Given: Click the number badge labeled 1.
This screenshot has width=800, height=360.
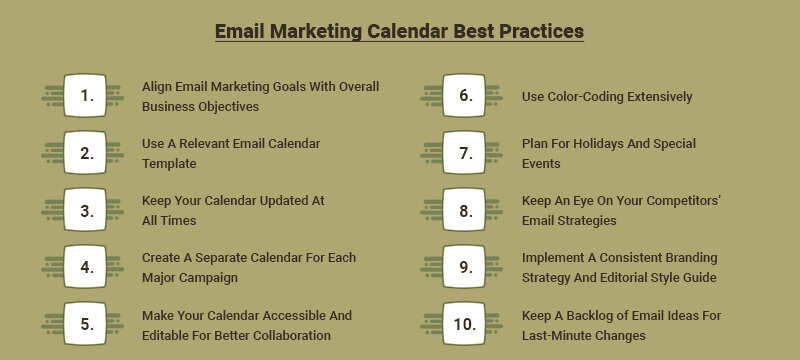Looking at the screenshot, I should coord(88,96).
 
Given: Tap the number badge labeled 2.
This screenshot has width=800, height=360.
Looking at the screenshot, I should coord(88,153).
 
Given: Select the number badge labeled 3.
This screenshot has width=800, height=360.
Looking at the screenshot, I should coord(88,211).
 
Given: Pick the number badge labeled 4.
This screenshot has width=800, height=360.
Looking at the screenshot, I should coord(88,268).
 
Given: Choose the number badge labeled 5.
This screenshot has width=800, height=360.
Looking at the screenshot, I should coord(88,325).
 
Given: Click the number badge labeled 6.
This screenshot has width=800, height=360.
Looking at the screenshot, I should coord(466,96).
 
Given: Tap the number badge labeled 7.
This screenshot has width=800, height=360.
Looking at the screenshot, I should coord(466,153).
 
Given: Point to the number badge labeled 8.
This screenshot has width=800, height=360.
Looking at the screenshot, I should coord(466,211).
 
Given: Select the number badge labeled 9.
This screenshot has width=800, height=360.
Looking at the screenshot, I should coord(466,268).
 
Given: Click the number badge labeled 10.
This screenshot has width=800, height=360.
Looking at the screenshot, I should coord(466,325).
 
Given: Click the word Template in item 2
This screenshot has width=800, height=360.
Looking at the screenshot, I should coord(169,163).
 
